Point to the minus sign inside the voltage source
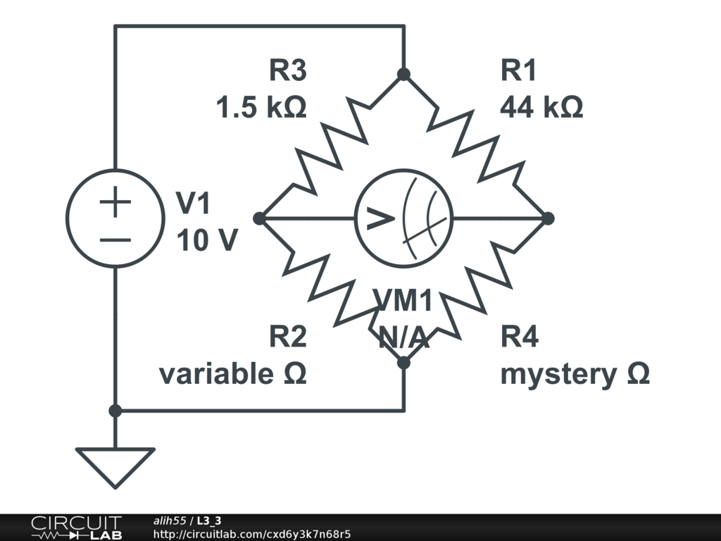[115, 239]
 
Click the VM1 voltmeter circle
[403, 218]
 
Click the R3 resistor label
[288, 71]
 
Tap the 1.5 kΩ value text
[261, 108]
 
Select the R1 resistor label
[519, 71]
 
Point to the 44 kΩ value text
[541, 108]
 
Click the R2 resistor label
[288, 337]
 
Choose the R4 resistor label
[519, 337]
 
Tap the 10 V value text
[206, 242]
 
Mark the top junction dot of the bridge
[403, 74]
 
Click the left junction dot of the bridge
[259, 218]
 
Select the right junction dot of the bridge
[548, 218]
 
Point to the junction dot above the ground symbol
[115, 411]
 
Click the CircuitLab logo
[75, 527]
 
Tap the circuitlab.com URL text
[251, 534]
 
